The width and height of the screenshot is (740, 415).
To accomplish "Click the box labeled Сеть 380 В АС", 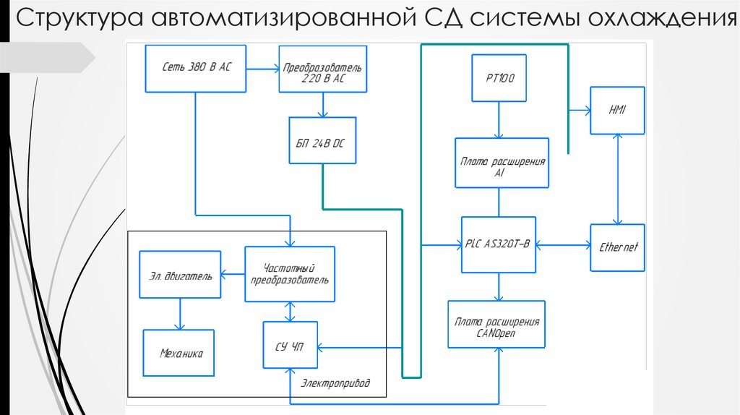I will [196, 69].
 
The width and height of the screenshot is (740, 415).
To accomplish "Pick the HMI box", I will [617, 110].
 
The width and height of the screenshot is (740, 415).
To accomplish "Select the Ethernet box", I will [617, 247].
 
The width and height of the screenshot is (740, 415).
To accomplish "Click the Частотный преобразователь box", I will [290, 273].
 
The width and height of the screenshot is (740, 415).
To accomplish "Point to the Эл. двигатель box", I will [181, 275].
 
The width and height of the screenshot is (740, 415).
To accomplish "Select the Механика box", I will [179, 353].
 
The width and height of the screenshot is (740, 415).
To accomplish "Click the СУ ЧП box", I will [290, 348].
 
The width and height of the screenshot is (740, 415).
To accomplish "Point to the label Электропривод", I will [335, 383].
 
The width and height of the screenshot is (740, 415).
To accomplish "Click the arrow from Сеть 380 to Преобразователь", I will [262, 69].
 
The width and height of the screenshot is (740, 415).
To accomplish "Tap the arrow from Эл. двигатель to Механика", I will [179, 314].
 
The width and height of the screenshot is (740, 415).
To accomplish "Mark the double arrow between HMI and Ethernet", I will [616, 179].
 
